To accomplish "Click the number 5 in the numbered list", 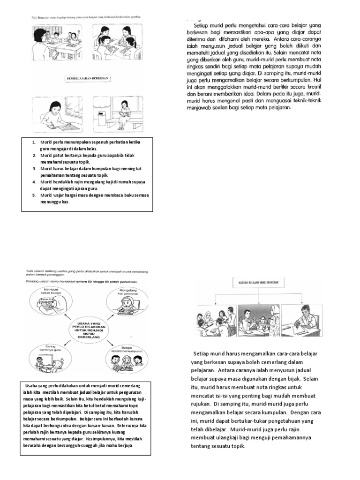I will (x=34, y=195).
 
